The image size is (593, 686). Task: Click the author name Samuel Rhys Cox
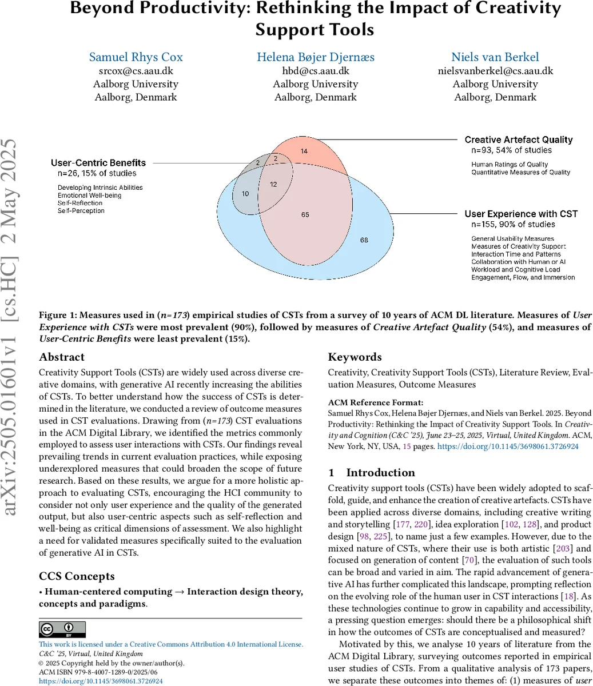coord(136,57)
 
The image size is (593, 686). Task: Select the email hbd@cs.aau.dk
coord(315,71)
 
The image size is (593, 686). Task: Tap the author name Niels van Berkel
coord(495,57)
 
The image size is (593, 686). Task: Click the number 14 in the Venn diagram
coord(304,151)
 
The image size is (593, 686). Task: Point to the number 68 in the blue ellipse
coord(364,240)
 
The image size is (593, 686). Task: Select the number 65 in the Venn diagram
coord(305,214)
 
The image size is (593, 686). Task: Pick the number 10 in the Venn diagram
coord(245,194)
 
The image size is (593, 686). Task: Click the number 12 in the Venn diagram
coord(274,184)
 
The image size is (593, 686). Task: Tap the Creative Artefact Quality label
coord(518,139)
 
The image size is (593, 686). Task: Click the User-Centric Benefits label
coord(98,163)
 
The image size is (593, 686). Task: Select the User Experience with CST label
coord(521,214)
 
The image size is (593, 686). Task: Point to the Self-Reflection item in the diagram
coord(80,203)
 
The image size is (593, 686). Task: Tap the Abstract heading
coord(62,357)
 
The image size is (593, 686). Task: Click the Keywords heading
coord(355,357)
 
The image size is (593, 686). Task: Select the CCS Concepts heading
coord(77,576)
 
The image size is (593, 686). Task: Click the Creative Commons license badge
coord(62,629)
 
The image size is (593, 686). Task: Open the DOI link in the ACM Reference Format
coord(508,446)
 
